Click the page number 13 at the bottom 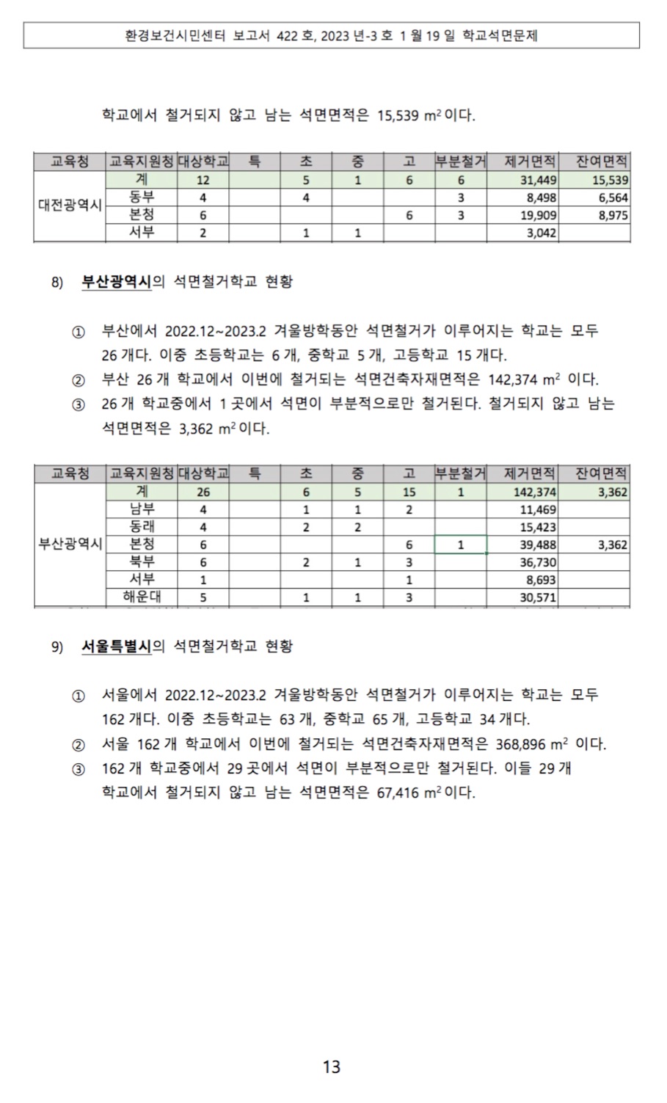click(332, 1066)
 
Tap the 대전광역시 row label click(70, 205)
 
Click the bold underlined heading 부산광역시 click(116, 282)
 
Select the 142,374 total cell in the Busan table click(535, 492)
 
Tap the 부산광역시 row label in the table click(70, 545)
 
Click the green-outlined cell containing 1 click(460, 545)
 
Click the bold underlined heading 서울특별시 click(116, 646)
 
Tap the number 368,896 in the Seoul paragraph click(520, 744)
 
